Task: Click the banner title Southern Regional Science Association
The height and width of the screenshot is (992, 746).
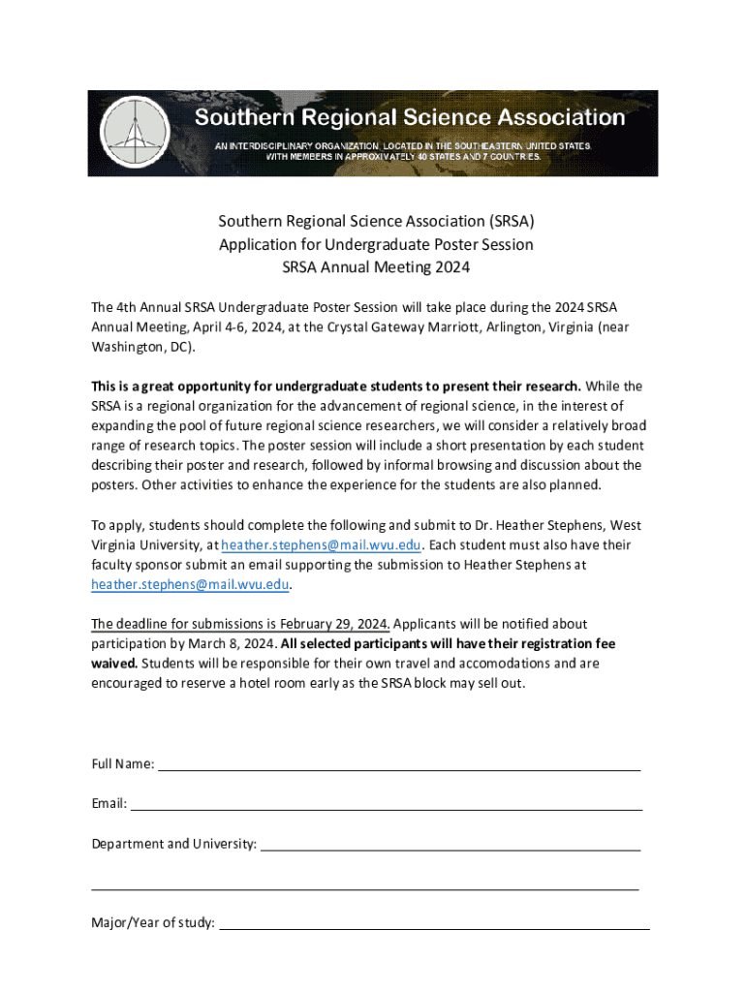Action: coord(410,118)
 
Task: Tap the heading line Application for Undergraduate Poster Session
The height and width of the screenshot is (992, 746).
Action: coord(375,244)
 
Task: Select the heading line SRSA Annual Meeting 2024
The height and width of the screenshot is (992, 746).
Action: coord(375,266)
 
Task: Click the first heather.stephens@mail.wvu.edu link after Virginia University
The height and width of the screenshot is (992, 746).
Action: coord(322,544)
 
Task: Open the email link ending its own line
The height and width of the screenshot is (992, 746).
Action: coord(190,584)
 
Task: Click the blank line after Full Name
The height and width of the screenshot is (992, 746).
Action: coord(398,764)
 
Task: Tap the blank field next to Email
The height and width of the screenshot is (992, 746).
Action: coord(386,804)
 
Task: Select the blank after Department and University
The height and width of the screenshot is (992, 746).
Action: coord(451,844)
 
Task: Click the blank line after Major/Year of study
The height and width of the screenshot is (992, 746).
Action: coord(435,923)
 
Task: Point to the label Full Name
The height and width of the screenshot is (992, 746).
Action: coord(122,764)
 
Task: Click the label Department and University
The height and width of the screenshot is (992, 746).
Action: coord(174,844)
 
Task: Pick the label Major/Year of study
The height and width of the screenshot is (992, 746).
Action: coord(153,923)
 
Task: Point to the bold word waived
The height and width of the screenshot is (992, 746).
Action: coord(114,664)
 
